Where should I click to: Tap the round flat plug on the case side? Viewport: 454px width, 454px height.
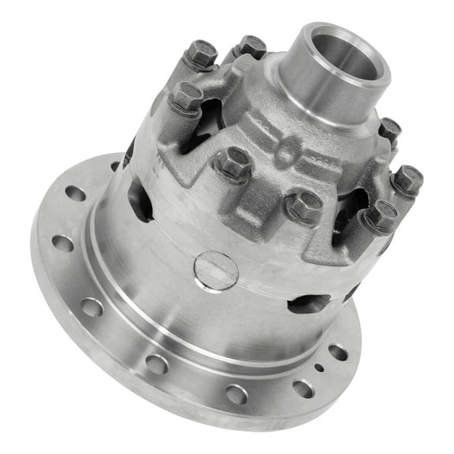(215, 270)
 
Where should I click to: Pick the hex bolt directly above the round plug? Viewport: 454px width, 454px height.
(233, 163)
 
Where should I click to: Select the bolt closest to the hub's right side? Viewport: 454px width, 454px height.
(389, 130)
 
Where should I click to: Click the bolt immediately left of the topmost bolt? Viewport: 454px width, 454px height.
(202, 55)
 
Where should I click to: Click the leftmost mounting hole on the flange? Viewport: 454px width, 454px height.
(62, 243)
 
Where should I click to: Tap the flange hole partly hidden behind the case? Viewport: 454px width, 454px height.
(117, 166)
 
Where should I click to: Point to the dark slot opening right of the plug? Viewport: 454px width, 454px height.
(309, 303)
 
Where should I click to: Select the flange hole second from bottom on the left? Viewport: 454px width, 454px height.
(156, 363)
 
